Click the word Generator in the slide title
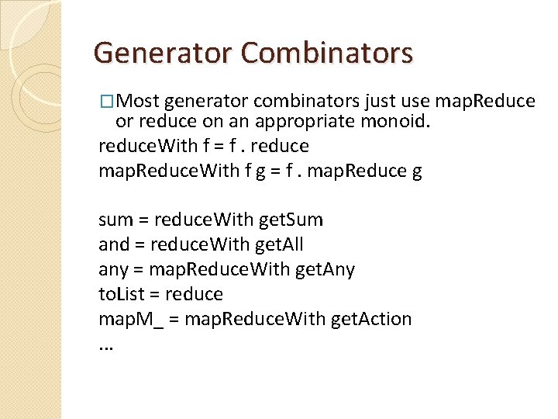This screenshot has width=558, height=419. pyautogui.click(x=161, y=53)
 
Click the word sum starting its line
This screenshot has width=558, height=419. pyautogui.click(x=116, y=220)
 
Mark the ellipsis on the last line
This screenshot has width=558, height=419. pyautogui.click(x=106, y=345)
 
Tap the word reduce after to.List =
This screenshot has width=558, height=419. pyautogui.click(x=194, y=294)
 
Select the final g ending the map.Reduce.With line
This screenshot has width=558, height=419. pyautogui.click(x=418, y=171)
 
